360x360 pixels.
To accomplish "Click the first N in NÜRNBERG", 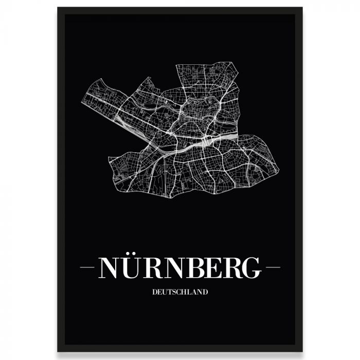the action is (x=109, y=268).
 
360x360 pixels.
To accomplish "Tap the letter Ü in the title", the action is (x=133, y=268).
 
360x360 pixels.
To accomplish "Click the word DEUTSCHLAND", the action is (x=180, y=292).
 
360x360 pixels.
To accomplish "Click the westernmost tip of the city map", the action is (x=82, y=101).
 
